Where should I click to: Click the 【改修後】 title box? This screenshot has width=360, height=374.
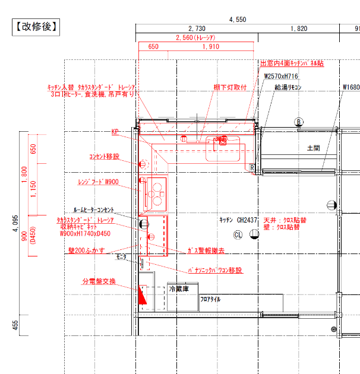coord(36,26)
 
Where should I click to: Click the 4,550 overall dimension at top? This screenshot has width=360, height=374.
coord(238,20)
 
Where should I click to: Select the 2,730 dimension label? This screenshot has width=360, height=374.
coord(197,28)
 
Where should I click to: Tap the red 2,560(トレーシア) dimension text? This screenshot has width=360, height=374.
coord(196,37)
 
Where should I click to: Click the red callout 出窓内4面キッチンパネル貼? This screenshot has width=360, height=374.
coord(292,63)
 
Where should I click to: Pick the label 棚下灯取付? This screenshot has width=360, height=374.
coord(230,87)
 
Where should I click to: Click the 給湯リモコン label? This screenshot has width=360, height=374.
coord(288,87)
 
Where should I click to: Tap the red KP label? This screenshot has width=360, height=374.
coord(115,132)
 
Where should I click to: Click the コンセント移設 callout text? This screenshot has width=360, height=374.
coord(104,157)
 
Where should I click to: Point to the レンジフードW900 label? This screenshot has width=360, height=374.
coord(99,182)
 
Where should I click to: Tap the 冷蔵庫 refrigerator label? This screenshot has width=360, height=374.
coord(179,289)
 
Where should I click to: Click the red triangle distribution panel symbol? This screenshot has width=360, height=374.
coord(142,294)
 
